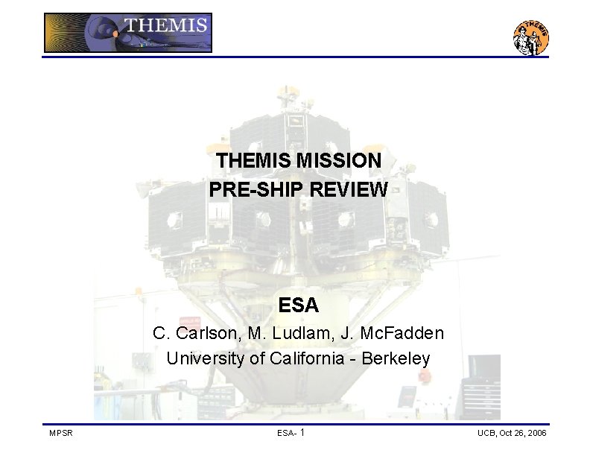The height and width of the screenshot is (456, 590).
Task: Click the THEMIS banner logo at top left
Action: coord(128,33)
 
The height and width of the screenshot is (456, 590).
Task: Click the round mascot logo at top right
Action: coord(531,37)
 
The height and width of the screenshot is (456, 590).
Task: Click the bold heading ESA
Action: coord(298,305)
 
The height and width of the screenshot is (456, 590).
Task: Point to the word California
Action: coord(308,358)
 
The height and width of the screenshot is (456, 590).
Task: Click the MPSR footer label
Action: coord(60,433)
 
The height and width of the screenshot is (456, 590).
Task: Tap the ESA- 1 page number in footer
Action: coord(291,433)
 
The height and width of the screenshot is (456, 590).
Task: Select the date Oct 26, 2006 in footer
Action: coord(526,433)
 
